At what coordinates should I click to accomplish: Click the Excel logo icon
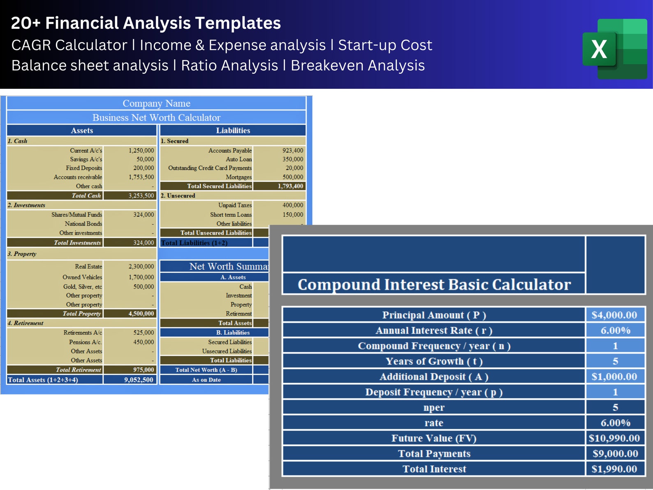click(614, 49)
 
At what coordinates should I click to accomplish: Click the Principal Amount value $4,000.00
click(614, 315)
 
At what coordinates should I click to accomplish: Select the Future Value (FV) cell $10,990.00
click(614, 438)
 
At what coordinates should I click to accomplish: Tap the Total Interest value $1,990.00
click(614, 469)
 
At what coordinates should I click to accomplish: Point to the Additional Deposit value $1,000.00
click(614, 377)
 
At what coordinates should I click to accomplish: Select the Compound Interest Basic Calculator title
click(434, 285)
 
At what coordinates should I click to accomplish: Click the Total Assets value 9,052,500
click(139, 380)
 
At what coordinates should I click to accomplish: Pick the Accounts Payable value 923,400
click(293, 151)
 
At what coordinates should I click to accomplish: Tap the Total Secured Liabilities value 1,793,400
click(290, 186)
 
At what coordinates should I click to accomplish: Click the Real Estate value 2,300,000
click(141, 267)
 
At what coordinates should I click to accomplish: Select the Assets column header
click(82, 130)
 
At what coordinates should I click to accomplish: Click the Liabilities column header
click(233, 130)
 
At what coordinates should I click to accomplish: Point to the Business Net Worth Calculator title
click(156, 118)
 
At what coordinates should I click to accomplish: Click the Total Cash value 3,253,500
click(141, 196)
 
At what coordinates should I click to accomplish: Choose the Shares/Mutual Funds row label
click(76, 214)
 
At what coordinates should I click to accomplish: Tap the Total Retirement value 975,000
click(144, 370)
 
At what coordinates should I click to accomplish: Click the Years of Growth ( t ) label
click(434, 361)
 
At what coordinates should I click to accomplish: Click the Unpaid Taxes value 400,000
click(293, 205)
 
